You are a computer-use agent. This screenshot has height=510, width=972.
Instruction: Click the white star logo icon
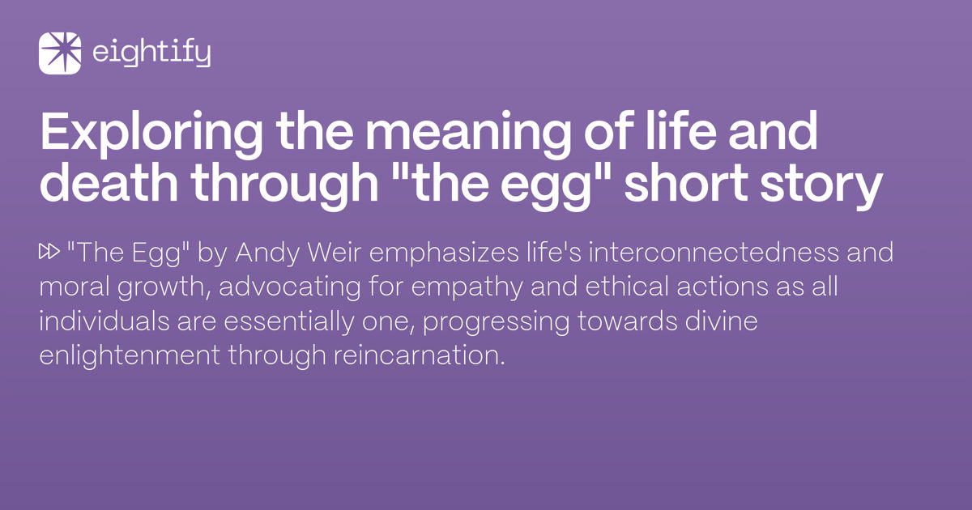60,53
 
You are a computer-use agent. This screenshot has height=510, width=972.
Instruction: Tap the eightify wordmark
151,53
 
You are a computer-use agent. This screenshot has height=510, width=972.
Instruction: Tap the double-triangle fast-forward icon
49,252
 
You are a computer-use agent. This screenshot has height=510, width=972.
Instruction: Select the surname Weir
334,252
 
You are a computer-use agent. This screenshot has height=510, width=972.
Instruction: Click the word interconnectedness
714,252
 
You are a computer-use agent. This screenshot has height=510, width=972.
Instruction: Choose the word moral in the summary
75,287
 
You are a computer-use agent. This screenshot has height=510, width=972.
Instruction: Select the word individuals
104,321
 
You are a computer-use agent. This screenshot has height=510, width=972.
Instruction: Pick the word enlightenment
130,356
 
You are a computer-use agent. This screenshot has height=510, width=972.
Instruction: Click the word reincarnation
420,356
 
